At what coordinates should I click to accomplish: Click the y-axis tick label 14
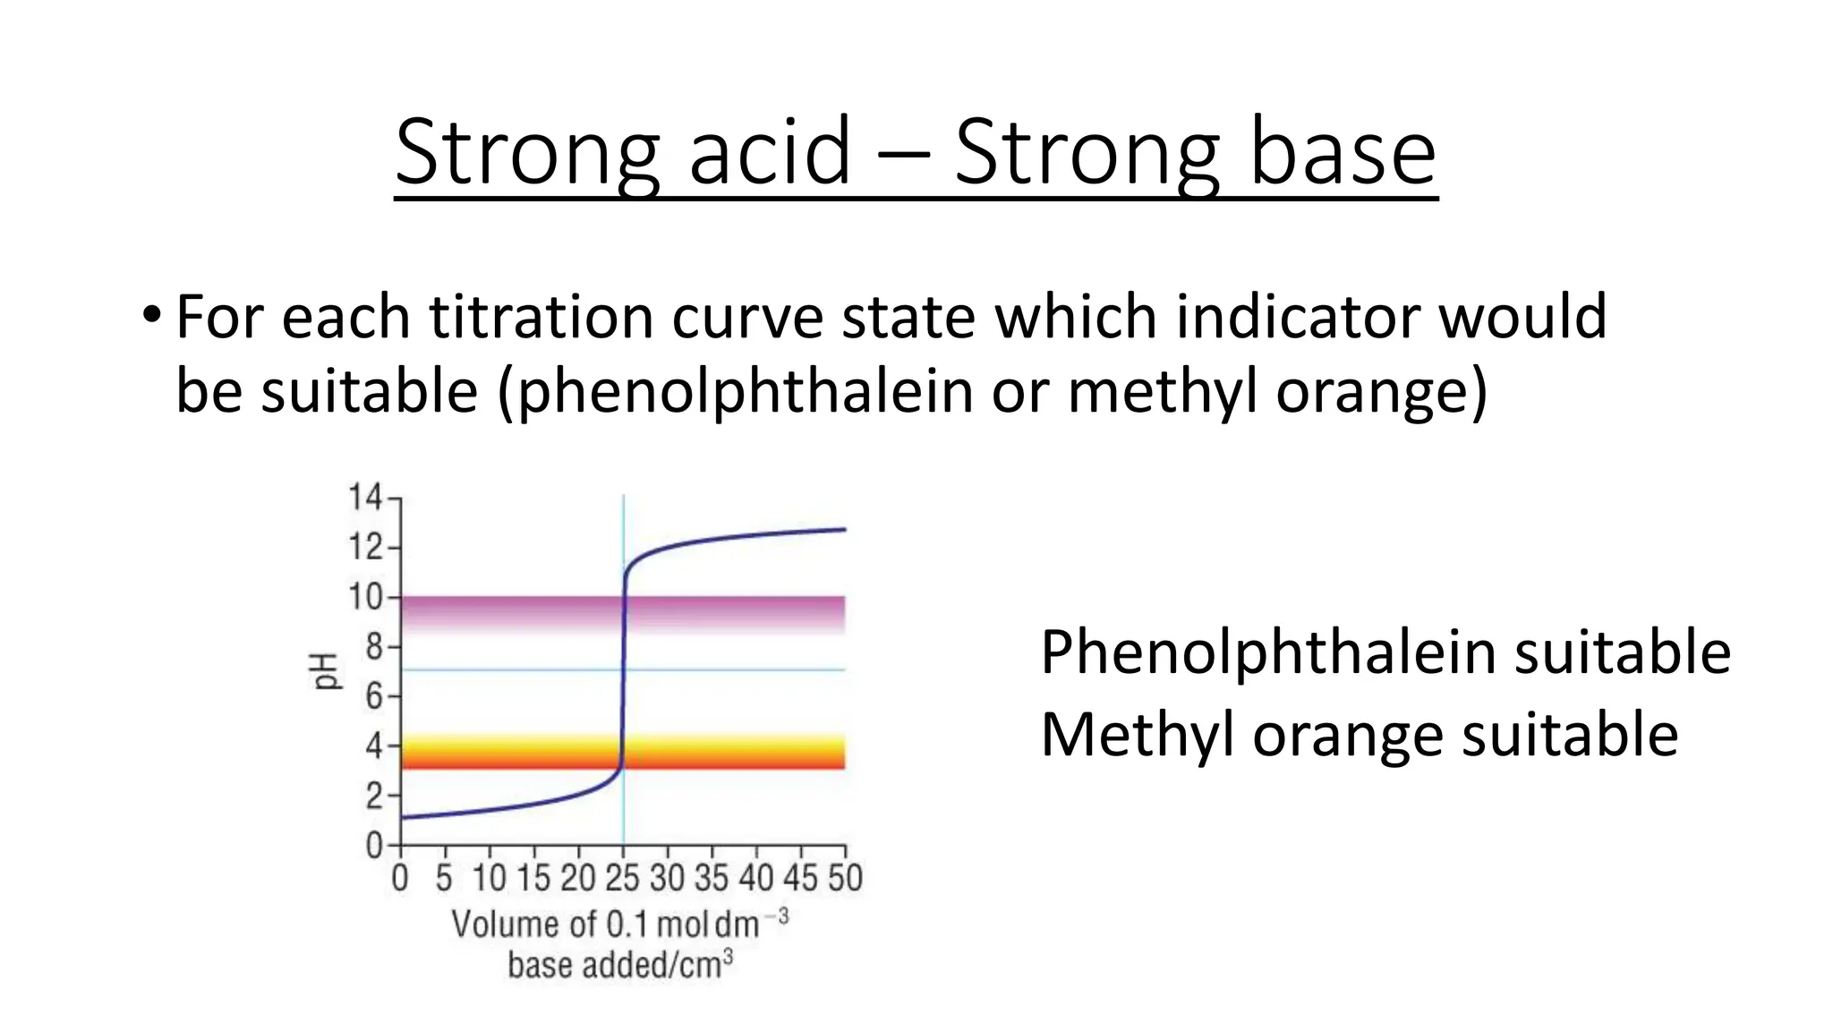tap(364, 497)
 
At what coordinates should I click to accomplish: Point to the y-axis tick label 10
tap(364, 596)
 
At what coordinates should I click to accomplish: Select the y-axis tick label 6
tap(373, 695)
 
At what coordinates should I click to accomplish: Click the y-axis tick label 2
tap(373, 796)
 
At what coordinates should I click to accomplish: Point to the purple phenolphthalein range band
tap(734, 614)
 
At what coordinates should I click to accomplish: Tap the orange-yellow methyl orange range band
tap(734, 752)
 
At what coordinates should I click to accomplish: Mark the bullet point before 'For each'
tap(151, 316)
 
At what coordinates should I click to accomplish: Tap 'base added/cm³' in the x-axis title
tap(619, 965)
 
